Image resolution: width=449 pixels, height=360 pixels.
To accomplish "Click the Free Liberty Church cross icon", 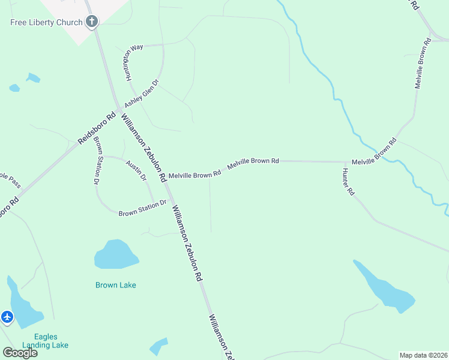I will point(92,23).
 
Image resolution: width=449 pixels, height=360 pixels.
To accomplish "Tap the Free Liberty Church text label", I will point(46,23).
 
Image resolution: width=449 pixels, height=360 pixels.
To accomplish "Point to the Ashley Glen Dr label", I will point(142,94).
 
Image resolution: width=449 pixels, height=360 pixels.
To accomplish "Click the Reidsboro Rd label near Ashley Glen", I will point(96,129).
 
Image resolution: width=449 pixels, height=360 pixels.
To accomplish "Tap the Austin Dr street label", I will point(136,170).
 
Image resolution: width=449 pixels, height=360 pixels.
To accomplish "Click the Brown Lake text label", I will point(115,285).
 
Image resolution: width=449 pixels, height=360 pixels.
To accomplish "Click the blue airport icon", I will point(7,316).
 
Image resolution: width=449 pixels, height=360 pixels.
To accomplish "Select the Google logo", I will point(20,353).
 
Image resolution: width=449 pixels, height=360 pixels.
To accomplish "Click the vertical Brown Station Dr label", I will point(96,163).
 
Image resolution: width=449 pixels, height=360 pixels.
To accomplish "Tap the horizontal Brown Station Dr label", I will point(142,209).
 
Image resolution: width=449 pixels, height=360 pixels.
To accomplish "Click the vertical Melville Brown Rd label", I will point(422,64).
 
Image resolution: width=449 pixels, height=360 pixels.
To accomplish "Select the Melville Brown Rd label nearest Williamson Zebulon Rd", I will point(194,175).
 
